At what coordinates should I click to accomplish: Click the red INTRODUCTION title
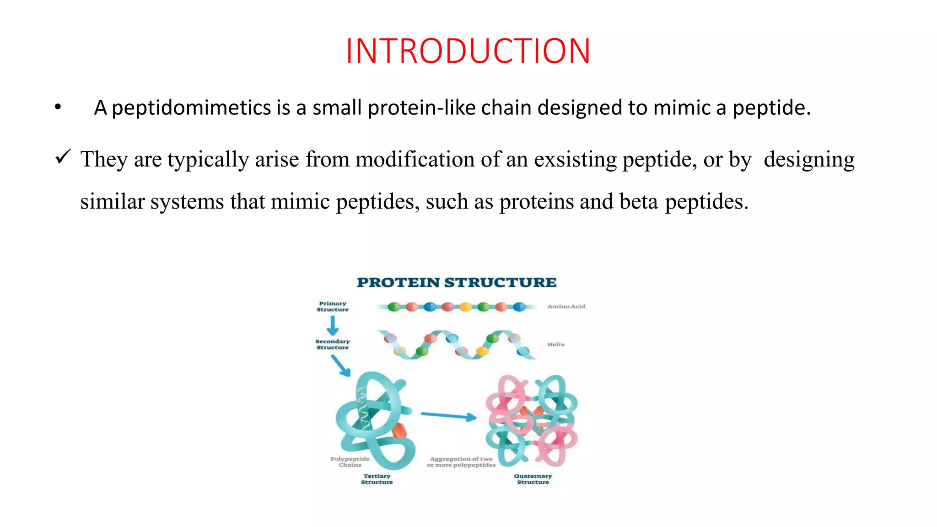[x=468, y=51]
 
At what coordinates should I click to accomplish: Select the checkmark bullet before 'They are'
[x=63, y=157]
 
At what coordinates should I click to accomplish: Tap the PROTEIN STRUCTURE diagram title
[x=457, y=282]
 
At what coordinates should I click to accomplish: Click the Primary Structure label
[x=333, y=307]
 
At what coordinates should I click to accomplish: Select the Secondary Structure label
[x=333, y=344]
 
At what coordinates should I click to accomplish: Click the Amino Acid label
[x=566, y=307]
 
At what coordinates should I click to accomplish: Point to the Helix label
[x=556, y=344]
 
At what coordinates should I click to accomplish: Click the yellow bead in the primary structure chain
[x=465, y=307]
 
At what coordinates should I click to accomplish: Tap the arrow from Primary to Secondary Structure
[x=333, y=326]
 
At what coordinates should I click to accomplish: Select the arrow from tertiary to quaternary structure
[x=448, y=416]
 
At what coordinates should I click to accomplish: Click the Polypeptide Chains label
[x=350, y=462]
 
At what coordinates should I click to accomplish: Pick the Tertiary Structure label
[x=377, y=479]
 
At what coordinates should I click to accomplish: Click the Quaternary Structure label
[x=533, y=479]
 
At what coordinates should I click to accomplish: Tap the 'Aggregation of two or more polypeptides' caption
[x=461, y=462]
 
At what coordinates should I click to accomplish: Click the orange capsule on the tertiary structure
[x=399, y=430]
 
